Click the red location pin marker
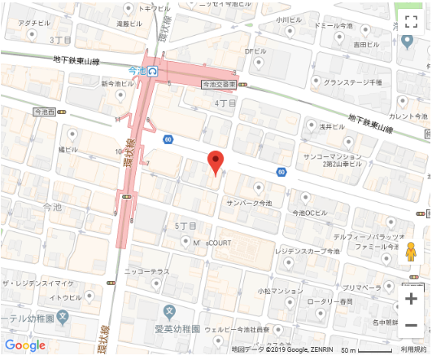tap(215, 162)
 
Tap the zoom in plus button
tap(411, 298)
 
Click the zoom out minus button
tap(411, 326)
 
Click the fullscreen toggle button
tap(411, 21)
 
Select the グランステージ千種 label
tap(352, 82)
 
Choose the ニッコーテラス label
tap(146, 270)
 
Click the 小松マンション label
tap(281, 290)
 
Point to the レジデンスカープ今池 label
tap(308, 252)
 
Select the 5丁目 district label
tap(186, 225)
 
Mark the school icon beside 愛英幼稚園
tap(169, 311)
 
